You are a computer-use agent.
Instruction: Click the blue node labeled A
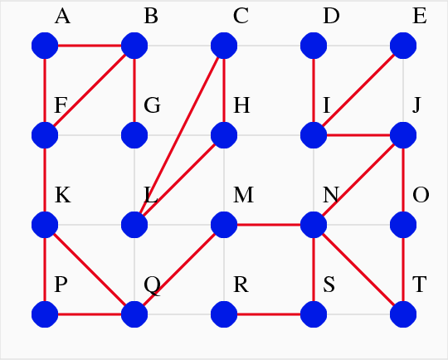(45, 46)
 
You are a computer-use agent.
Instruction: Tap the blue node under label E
(403, 46)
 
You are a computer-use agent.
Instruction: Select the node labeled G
(134, 135)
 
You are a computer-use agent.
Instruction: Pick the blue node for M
(224, 225)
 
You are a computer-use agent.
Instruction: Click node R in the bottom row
(224, 314)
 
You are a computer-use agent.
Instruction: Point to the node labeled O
(403, 225)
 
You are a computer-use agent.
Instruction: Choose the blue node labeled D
(314, 46)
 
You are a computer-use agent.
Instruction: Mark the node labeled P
(45, 314)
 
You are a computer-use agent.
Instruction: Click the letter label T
(420, 285)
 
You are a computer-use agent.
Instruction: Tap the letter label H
(241, 105)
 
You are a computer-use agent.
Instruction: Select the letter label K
(62, 195)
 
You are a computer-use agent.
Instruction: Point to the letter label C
(241, 16)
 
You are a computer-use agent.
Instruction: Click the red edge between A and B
(90, 46)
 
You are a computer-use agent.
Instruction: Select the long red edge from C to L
(179, 135)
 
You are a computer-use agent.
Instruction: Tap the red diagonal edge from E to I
(358, 90)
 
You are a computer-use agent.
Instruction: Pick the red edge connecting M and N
(269, 225)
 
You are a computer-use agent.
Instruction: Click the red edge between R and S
(269, 314)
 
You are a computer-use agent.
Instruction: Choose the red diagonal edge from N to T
(358, 270)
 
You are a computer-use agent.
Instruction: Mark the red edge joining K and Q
(90, 270)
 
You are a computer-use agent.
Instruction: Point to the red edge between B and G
(134, 90)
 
